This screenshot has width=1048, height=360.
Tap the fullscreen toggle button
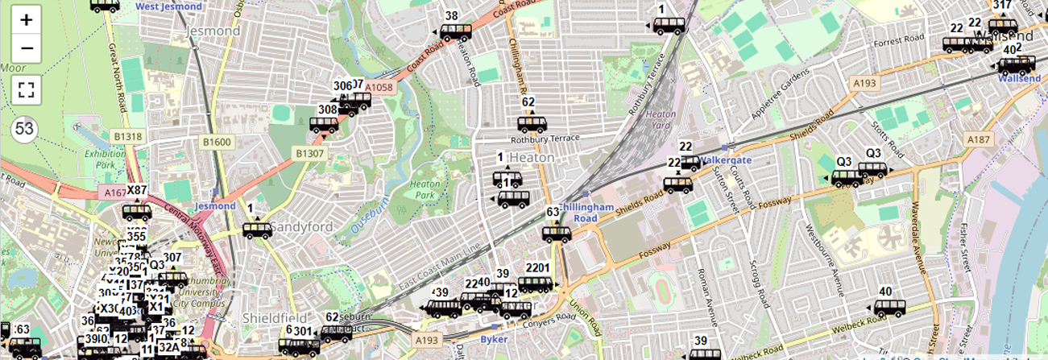(x=27, y=89)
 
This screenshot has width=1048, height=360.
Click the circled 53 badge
(x=25, y=129)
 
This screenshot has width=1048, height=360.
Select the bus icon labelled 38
(x=456, y=32)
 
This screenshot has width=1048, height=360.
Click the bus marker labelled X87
(x=137, y=213)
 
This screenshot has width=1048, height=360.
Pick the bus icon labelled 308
(x=324, y=125)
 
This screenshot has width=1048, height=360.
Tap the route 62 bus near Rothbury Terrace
(x=532, y=124)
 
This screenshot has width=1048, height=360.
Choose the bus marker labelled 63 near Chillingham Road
(x=556, y=234)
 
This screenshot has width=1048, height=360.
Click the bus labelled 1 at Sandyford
(x=257, y=230)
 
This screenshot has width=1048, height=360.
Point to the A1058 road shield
(x=379, y=87)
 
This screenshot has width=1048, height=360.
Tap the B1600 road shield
(x=217, y=143)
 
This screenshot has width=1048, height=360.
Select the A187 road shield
(x=979, y=139)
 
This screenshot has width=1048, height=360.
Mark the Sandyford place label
(x=301, y=227)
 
